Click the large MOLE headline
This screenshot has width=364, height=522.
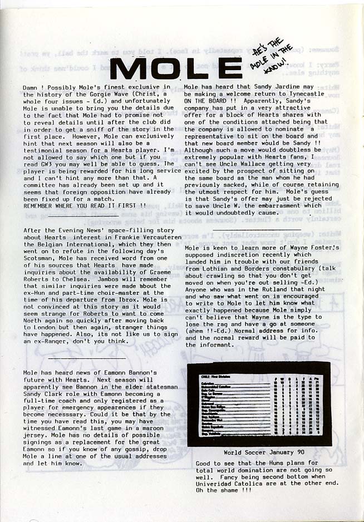pos(175,68)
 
